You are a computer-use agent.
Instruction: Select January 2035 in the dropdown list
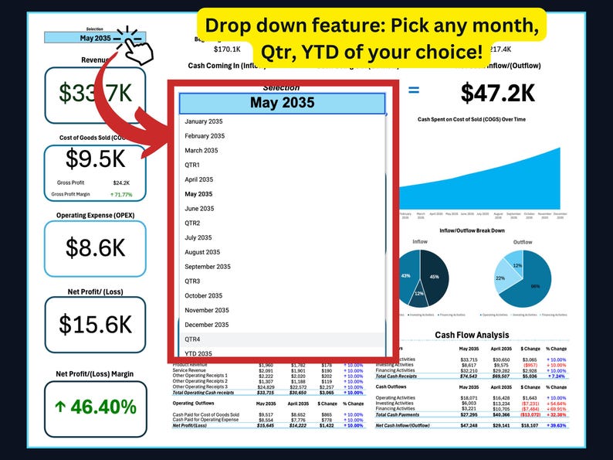(204, 121)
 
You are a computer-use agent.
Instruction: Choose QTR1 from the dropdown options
(192, 165)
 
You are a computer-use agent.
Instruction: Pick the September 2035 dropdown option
(208, 267)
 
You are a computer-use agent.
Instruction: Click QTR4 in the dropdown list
(192, 339)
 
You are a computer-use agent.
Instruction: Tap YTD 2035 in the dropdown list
(199, 354)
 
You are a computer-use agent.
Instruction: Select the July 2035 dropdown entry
(199, 237)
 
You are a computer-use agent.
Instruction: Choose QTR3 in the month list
(192, 281)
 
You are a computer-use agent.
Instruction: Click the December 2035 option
(205, 325)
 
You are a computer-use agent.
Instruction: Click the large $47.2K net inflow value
(498, 93)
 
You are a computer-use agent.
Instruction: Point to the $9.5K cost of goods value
(94, 160)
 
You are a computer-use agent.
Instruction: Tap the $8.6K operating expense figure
(94, 247)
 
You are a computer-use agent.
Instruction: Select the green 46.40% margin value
(94, 407)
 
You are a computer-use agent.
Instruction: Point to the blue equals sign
(414, 90)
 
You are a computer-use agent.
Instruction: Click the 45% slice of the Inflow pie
(435, 276)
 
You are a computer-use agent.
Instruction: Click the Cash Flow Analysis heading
(472, 335)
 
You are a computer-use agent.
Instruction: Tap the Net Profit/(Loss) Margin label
(94, 374)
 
